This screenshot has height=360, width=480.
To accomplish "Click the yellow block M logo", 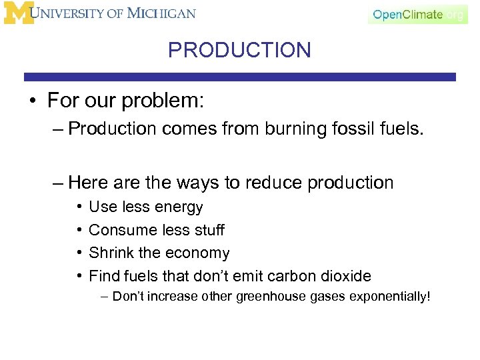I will click(17, 13).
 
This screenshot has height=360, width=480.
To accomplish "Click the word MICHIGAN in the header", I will click(163, 13).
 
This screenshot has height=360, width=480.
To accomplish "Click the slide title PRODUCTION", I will click(239, 50).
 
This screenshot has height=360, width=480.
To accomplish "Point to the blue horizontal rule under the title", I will click(240, 77).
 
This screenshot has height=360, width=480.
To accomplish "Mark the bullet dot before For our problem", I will click(31, 101).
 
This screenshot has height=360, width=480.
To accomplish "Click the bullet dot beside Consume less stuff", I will click(79, 231).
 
